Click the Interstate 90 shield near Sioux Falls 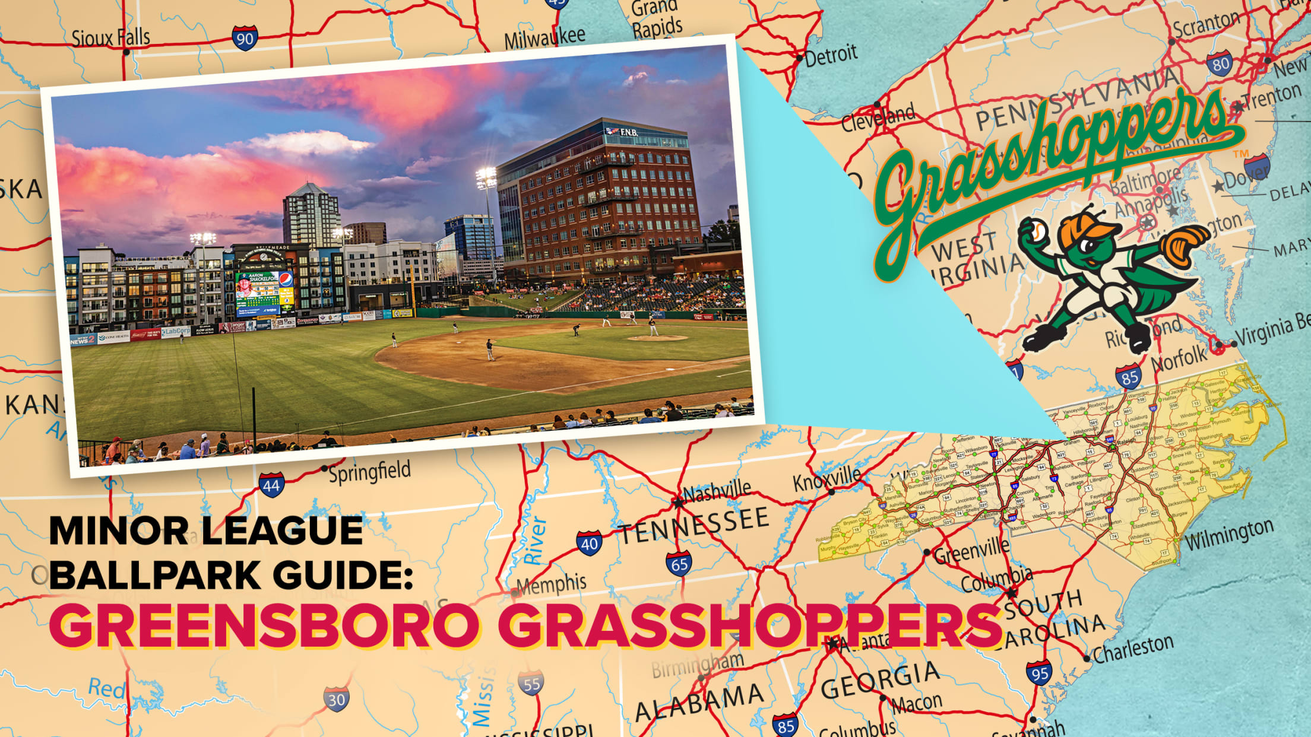245,37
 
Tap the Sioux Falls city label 110,38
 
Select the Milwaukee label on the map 544,37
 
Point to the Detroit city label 831,55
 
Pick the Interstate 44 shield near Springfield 271,485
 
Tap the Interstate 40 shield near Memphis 589,543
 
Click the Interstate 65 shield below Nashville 679,563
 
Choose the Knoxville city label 826,478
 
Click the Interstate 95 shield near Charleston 1039,672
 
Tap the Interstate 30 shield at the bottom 336,699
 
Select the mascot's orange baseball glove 1184,245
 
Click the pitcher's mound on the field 657,338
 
